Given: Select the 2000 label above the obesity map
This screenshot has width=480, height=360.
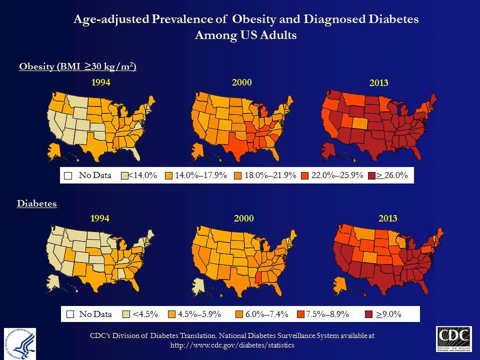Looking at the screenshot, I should (242, 82).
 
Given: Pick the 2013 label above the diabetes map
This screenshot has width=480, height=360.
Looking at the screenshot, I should (388, 218).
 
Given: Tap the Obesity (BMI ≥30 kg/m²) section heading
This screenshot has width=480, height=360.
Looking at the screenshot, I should (77, 67).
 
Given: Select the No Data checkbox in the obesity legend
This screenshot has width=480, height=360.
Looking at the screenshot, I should (68, 175).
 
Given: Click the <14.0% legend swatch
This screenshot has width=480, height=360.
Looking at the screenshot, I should (125, 175).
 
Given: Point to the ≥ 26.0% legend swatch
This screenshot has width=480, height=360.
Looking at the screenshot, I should (371, 175).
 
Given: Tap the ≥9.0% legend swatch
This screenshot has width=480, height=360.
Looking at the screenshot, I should (368, 314).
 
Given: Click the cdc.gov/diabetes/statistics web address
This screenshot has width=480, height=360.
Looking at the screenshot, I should (232, 345).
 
